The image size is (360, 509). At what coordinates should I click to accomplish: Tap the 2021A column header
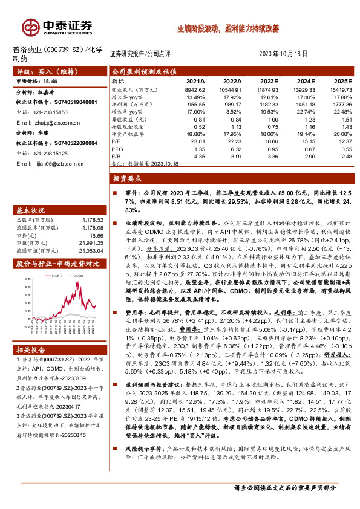(195, 80)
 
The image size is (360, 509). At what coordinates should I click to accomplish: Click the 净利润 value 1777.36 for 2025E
(340, 105)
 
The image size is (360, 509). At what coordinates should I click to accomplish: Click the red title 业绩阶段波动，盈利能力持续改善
(227, 28)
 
